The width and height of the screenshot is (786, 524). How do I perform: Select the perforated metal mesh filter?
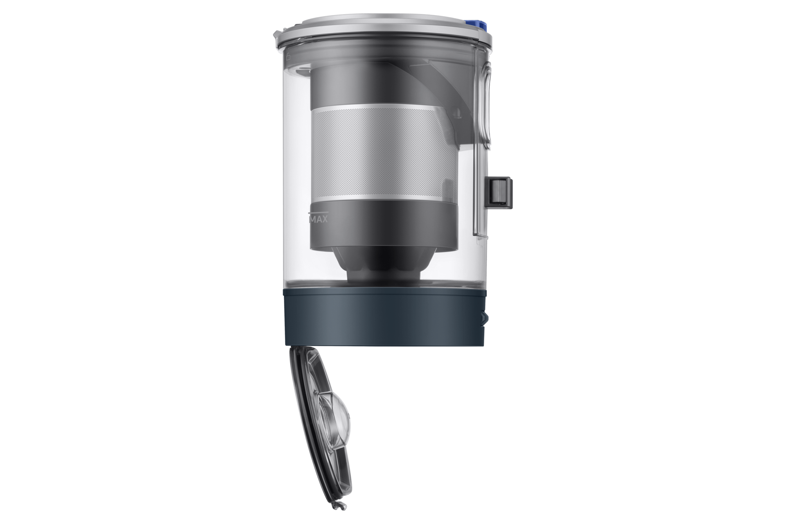click(x=384, y=154)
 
